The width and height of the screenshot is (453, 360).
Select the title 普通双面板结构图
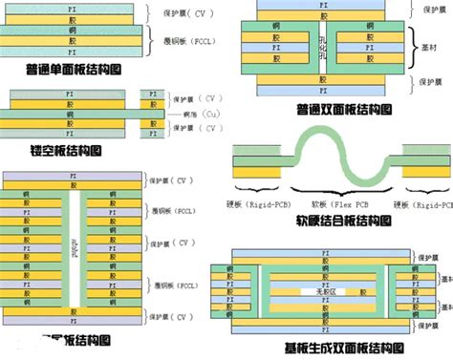click(x=344, y=109)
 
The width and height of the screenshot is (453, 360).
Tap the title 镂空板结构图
click(x=54, y=152)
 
